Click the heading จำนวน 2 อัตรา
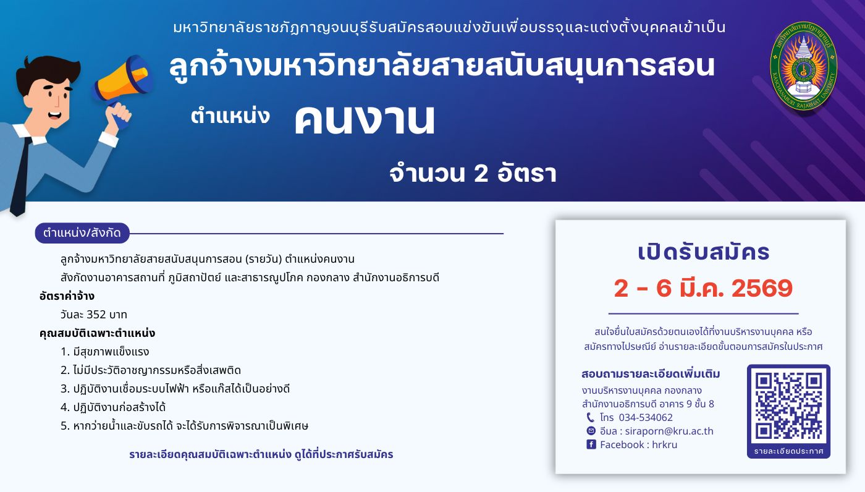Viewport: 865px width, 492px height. [x=473, y=174]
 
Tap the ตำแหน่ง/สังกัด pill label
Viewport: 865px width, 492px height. [x=82, y=233]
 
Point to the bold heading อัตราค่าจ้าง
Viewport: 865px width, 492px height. [x=67, y=296]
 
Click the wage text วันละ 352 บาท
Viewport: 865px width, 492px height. [x=94, y=315]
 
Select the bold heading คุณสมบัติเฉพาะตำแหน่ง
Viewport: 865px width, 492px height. [x=97, y=333]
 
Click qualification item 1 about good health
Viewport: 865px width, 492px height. [x=105, y=352]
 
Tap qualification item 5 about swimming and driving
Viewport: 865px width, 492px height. [x=184, y=426]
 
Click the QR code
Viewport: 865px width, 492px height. [x=788, y=405]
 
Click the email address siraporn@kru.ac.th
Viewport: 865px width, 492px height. [x=656, y=431]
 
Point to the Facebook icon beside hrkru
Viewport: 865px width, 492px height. [x=591, y=444]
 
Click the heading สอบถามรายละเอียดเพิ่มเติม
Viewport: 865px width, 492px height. [x=651, y=374]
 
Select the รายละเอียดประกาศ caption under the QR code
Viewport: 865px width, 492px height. [x=788, y=451]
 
